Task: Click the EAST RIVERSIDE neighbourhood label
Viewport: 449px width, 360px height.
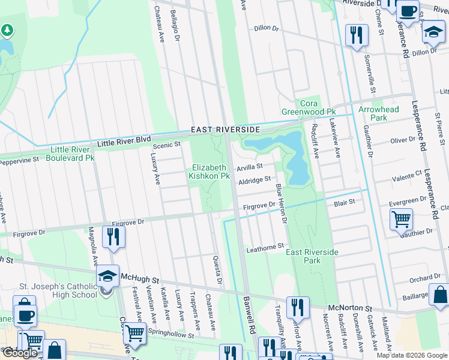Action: click(225, 130)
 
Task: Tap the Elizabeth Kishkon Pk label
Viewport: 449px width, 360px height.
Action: click(209, 172)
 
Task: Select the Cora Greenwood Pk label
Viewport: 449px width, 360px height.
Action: click(309, 107)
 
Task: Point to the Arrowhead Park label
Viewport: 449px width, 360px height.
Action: click(378, 113)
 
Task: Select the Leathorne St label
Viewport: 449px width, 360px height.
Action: click(265, 247)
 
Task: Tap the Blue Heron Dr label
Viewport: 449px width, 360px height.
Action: click(280, 203)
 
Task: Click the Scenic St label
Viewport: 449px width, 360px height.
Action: click(167, 145)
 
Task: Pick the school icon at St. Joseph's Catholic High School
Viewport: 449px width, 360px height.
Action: click(107, 277)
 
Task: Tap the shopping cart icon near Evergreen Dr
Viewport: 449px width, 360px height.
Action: click(401, 219)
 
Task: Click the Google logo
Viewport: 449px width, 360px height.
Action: click(20, 353)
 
